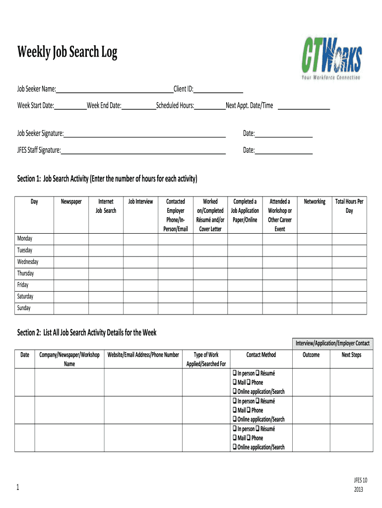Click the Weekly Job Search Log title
point(67,52)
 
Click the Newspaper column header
point(71,201)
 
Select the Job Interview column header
point(140,201)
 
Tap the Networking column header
point(315,201)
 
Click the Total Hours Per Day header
point(349,206)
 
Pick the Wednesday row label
point(28,262)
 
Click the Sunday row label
point(24,308)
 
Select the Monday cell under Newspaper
point(71,239)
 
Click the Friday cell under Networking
point(315,285)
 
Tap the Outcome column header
point(311,355)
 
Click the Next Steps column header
point(351,355)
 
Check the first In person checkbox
point(234,374)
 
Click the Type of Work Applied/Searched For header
point(206,359)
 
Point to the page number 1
point(18,488)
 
